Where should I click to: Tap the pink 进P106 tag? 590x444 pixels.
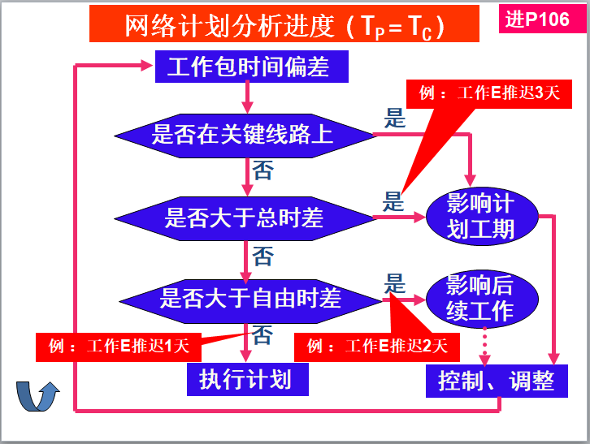pyautogui.click(x=537, y=19)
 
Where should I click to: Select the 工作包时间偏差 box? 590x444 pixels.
pyautogui.click(x=252, y=67)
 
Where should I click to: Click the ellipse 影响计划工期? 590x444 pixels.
pyautogui.click(x=480, y=216)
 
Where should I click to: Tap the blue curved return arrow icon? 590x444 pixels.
pyautogui.click(x=38, y=397)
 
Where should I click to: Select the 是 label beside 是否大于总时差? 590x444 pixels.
pyautogui.click(x=394, y=200)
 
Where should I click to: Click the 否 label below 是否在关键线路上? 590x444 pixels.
pyautogui.click(x=262, y=170)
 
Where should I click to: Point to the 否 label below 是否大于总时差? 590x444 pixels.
pyautogui.click(x=262, y=257)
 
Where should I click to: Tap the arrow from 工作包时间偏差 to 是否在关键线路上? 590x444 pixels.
pyautogui.click(x=247, y=98)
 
